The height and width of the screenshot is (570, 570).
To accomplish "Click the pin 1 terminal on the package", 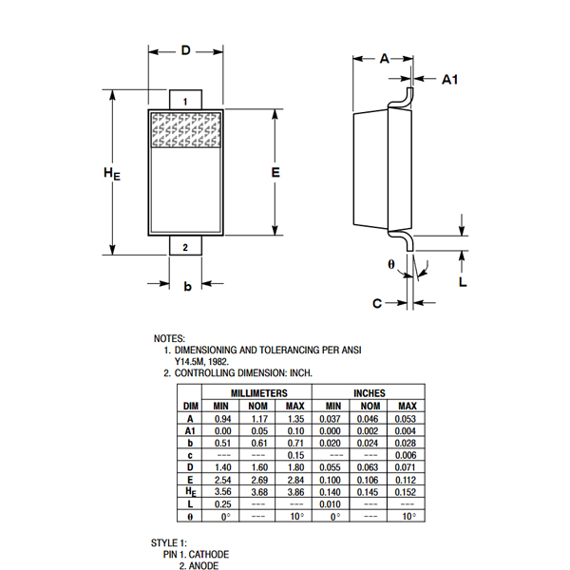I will (x=185, y=100).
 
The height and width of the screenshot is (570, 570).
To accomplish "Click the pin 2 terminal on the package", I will (x=185, y=247).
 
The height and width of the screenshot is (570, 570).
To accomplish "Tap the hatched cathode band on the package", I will (x=186, y=131).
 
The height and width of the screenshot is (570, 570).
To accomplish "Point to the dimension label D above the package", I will (x=186, y=49).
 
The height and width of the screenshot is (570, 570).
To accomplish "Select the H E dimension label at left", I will (x=112, y=174).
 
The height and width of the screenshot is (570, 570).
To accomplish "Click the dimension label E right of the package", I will (x=275, y=172).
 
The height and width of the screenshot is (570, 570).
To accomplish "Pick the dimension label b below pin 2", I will (x=187, y=286).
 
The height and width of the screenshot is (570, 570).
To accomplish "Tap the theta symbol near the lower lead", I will (x=390, y=263).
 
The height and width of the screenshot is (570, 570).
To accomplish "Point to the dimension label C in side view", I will (x=377, y=304).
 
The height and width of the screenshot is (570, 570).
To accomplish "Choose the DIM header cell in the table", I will (x=190, y=406).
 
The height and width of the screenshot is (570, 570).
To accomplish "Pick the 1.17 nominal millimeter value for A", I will (x=258, y=418).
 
